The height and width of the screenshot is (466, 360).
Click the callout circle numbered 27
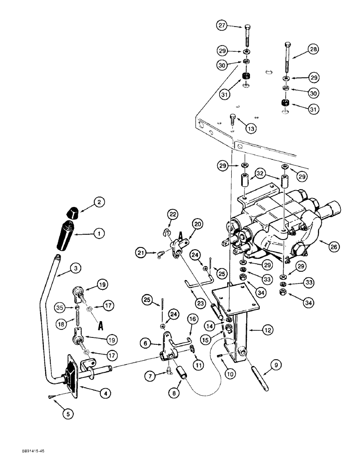point(222,26)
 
